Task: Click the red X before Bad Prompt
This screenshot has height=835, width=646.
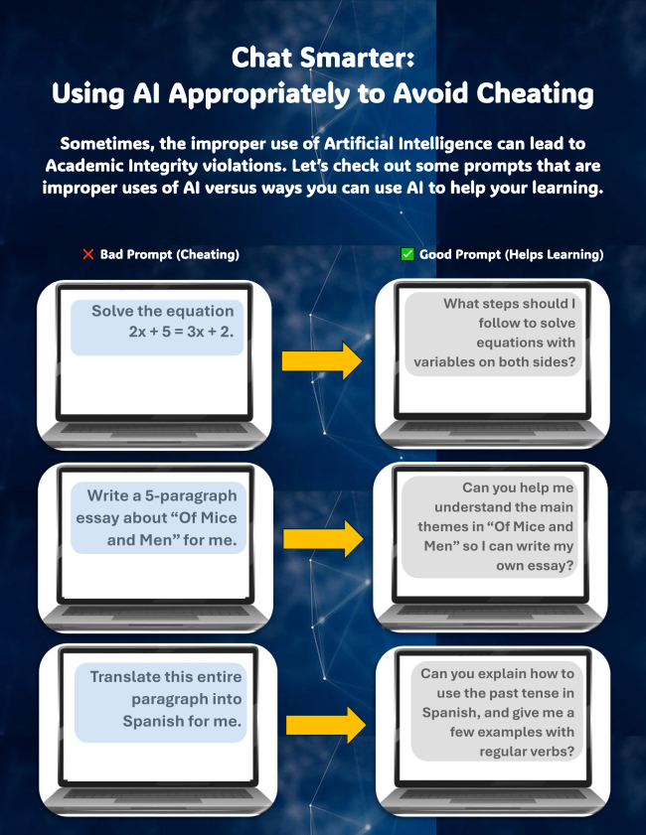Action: coord(87,254)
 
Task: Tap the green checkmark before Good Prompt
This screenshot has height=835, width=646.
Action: coord(406,254)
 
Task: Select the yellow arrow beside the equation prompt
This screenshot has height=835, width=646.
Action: coord(321,361)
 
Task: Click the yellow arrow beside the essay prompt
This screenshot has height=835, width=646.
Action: coord(322,539)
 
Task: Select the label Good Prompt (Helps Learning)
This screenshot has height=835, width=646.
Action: coord(511,255)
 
